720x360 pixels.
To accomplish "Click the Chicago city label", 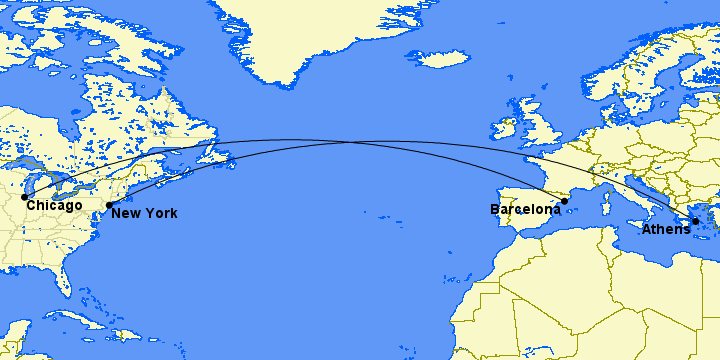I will [54, 206].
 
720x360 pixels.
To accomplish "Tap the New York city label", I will [144, 213].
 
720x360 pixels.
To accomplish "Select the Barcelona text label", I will [525, 210].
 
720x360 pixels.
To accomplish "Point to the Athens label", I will [666, 230].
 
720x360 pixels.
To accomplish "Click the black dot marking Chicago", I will [24, 197].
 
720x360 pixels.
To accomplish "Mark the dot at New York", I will [109, 205].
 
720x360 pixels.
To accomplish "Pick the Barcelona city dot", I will [565, 201].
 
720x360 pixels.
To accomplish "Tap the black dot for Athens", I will [695, 221].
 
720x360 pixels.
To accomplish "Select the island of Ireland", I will [502, 131].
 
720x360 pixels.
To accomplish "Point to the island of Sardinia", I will [606, 205].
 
